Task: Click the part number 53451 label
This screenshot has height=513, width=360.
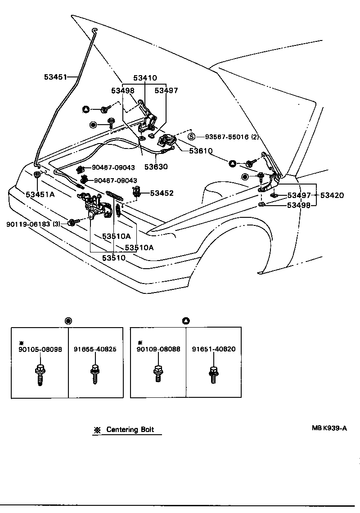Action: click(55, 77)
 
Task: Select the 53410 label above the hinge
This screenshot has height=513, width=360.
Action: click(145, 78)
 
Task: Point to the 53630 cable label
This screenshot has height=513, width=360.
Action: click(156, 166)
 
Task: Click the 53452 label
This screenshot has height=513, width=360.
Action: click(162, 193)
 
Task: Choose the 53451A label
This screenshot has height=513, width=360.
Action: click(40, 194)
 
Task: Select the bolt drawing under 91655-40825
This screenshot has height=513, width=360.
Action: click(95, 372)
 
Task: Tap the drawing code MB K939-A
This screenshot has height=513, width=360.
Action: click(329, 428)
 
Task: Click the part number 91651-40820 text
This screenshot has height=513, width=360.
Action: click(213, 349)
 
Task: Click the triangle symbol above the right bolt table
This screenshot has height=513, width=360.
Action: click(186, 321)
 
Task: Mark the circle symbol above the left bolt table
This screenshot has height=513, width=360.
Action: click(68, 321)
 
